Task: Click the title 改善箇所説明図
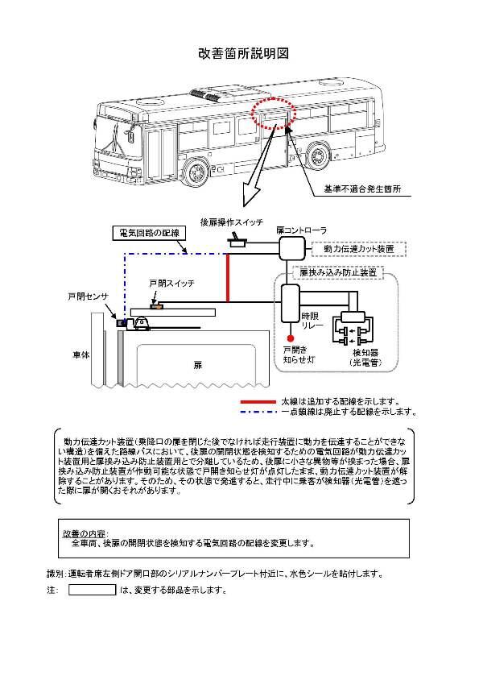tap(242, 54)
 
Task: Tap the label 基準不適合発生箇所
tap(361, 190)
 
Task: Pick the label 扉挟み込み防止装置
tap(337, 273)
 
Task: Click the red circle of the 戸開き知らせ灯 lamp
tap(291, 338)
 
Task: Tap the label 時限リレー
tap(312, 322)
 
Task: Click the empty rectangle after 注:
tap(91, 590)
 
